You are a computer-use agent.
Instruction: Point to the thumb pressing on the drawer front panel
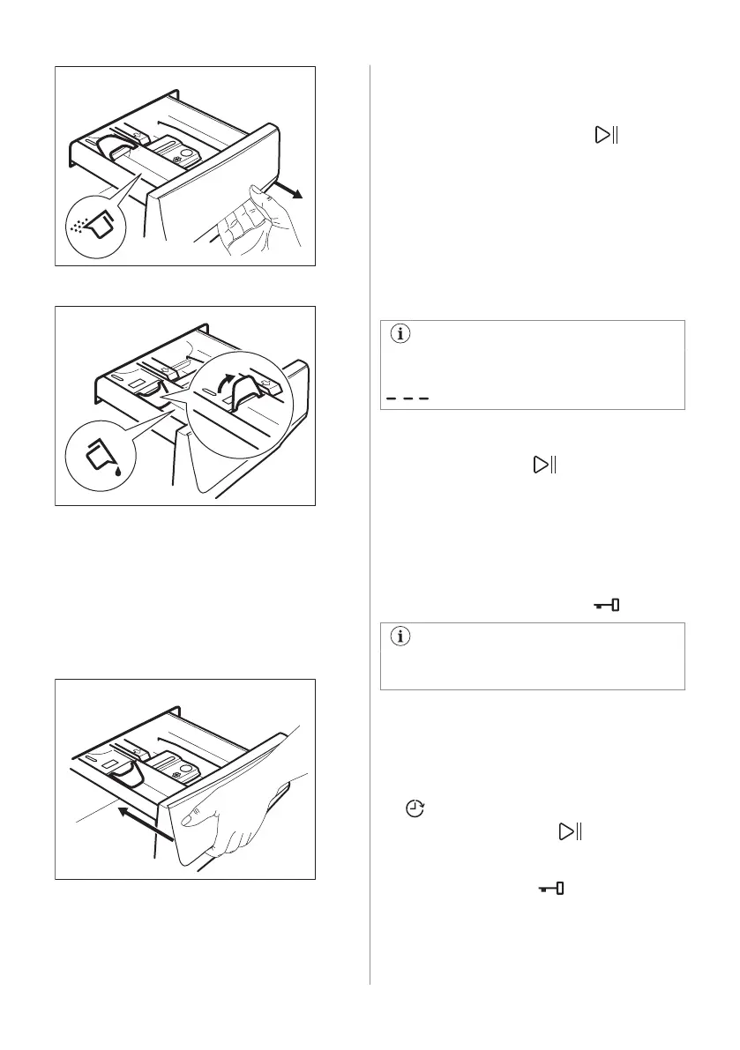(x=190, y=817)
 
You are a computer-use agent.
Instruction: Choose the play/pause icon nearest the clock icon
(x=569, y=830)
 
